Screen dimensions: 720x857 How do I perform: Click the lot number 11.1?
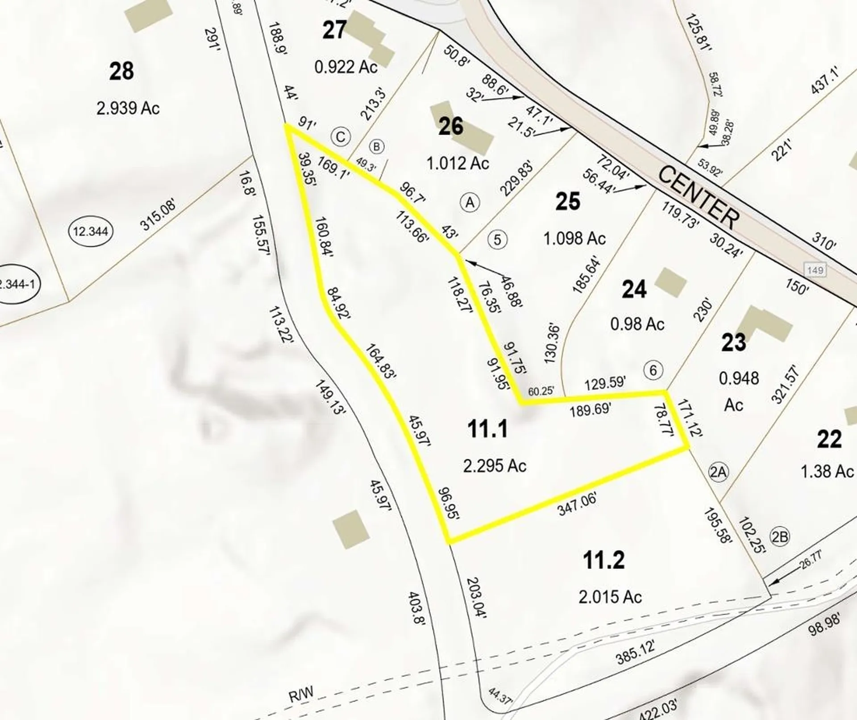tap(487, 429)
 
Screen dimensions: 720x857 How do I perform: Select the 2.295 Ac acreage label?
tap(495, 466)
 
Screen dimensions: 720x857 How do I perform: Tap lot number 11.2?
tap(604, 560)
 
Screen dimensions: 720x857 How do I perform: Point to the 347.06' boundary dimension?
tap(577, 505)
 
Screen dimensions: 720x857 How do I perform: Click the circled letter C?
tap(341, 137)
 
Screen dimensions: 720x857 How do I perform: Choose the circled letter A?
tap(470, 203)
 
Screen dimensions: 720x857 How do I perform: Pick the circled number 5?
tap(497, 240)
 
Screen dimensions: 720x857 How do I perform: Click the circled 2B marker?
tap(779, 537)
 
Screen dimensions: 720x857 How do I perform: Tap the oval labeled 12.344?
tap(91, 231)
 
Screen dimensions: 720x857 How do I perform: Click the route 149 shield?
tap(815, 270)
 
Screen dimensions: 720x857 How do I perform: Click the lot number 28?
tap(121, 71)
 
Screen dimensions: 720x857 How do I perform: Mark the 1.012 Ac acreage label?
tap(458, 163)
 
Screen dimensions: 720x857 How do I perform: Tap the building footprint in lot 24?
tap(670, 282)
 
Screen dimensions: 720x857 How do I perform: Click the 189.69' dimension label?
tap(590, 409)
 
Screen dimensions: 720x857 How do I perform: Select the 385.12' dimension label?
tap(636, 652)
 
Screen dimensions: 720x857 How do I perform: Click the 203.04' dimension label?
tap(476, 598)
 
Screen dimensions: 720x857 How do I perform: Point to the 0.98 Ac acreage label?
tap(637, 324)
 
